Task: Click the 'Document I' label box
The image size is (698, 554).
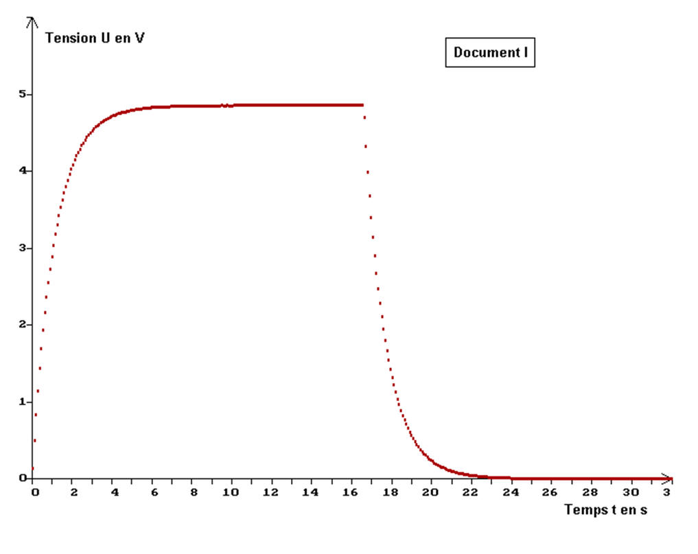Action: pos(490,53)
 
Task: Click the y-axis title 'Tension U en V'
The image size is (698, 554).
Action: pos(95,38)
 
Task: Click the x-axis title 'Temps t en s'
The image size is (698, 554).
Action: pos(605,509)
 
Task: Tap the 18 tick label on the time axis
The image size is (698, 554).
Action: pos(391,492)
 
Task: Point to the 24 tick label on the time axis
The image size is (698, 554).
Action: pos(511,492)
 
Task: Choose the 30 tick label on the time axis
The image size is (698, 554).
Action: pos(631,492)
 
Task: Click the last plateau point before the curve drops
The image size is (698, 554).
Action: pos(362,105)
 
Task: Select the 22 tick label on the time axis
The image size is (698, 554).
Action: pos(471,492)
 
